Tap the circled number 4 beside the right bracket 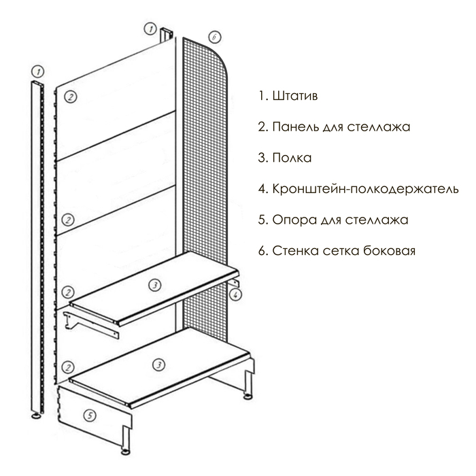pyautogui.click(x=235, y=294)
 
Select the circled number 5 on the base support pyautogui.click(x=89, y=415)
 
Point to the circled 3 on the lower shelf pyautogui.click(x=158, y=365)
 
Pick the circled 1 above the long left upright pyautogui.click(x=39, y=70)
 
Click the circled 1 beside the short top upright pyautogui.click(x=150, y=29)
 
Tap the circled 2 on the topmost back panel pyautogui.click(x=69, y=97)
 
